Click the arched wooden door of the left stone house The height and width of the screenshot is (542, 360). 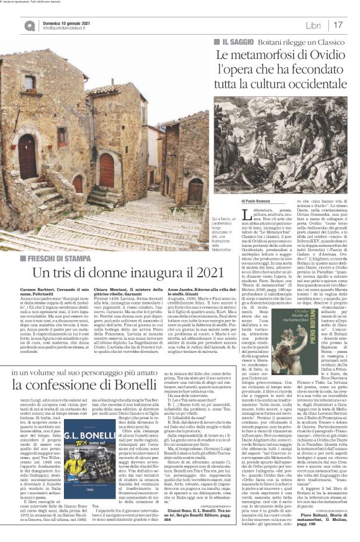[27, 153]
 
